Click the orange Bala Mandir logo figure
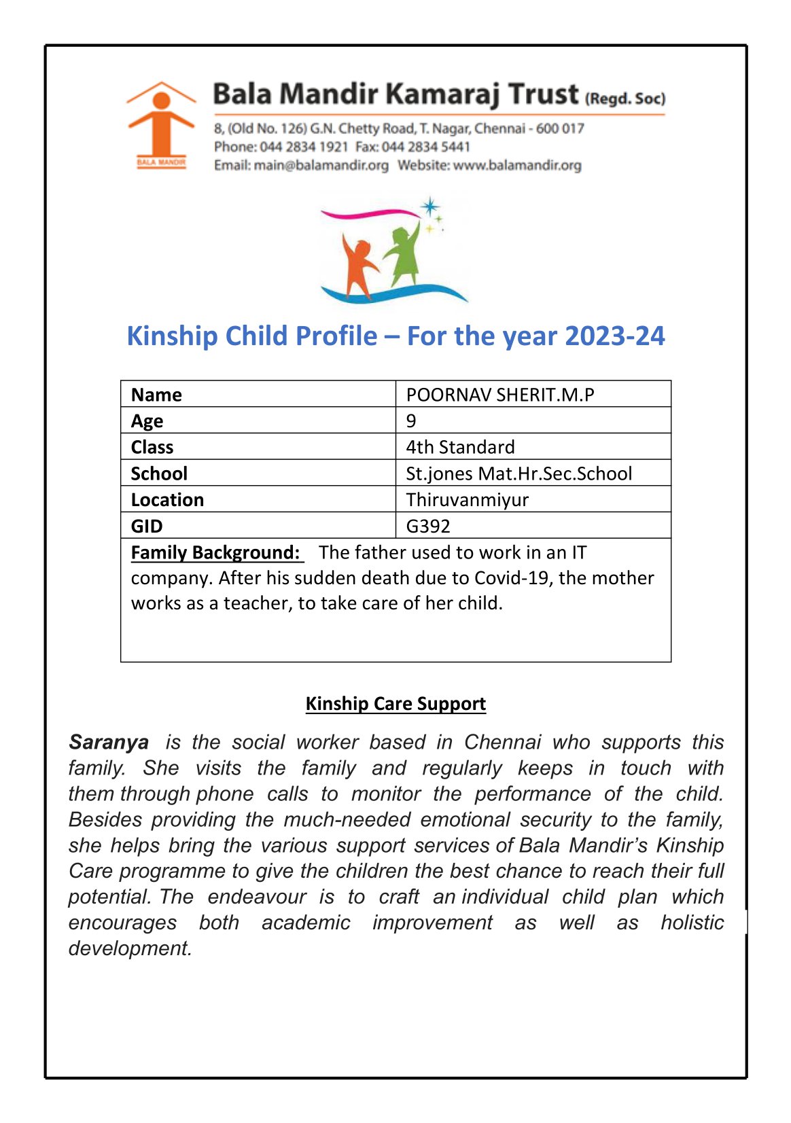click(x=161, y=122)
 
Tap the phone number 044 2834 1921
click(x=304, y=147)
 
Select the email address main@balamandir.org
click(x=321, y=165)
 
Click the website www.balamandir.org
click(x=516, y=165)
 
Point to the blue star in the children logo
click(x=429, y=207)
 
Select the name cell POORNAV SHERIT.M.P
click(x=500, y=395)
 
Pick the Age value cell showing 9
click(x=411, y=421)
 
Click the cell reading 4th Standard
click(x=460, y=447)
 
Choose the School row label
click(x=159, y=474)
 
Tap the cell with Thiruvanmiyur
click(x=467, y=500)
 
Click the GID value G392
click(x=428, y=526)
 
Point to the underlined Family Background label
click(x=215, y=552)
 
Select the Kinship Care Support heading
click(x=395, y=703)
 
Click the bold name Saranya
click(x=109, y=742)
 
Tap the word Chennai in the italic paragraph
click(x=503, y=742)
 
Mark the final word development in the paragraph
click(x=130, y=948)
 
